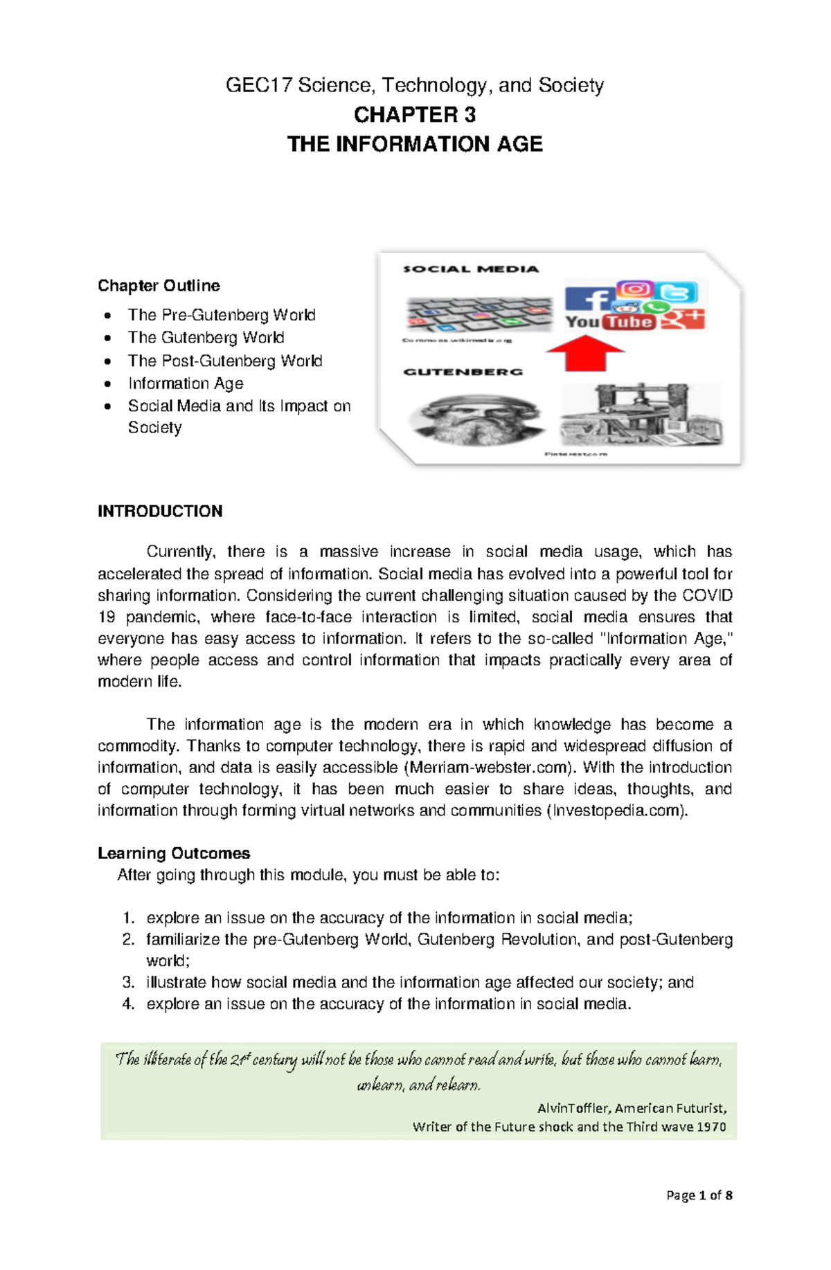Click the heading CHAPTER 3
tap(414, 114)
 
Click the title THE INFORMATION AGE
tap(414, 144)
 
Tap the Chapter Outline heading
tap(159, 286)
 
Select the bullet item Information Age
tap(186, 383)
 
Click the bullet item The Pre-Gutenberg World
tap(222, 315)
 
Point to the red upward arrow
tap(585, 354)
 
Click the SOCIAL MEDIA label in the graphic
tap(471, 269)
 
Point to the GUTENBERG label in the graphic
tap(463, 372)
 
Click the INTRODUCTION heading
tap(160, 511)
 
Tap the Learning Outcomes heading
tap(174, 853)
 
